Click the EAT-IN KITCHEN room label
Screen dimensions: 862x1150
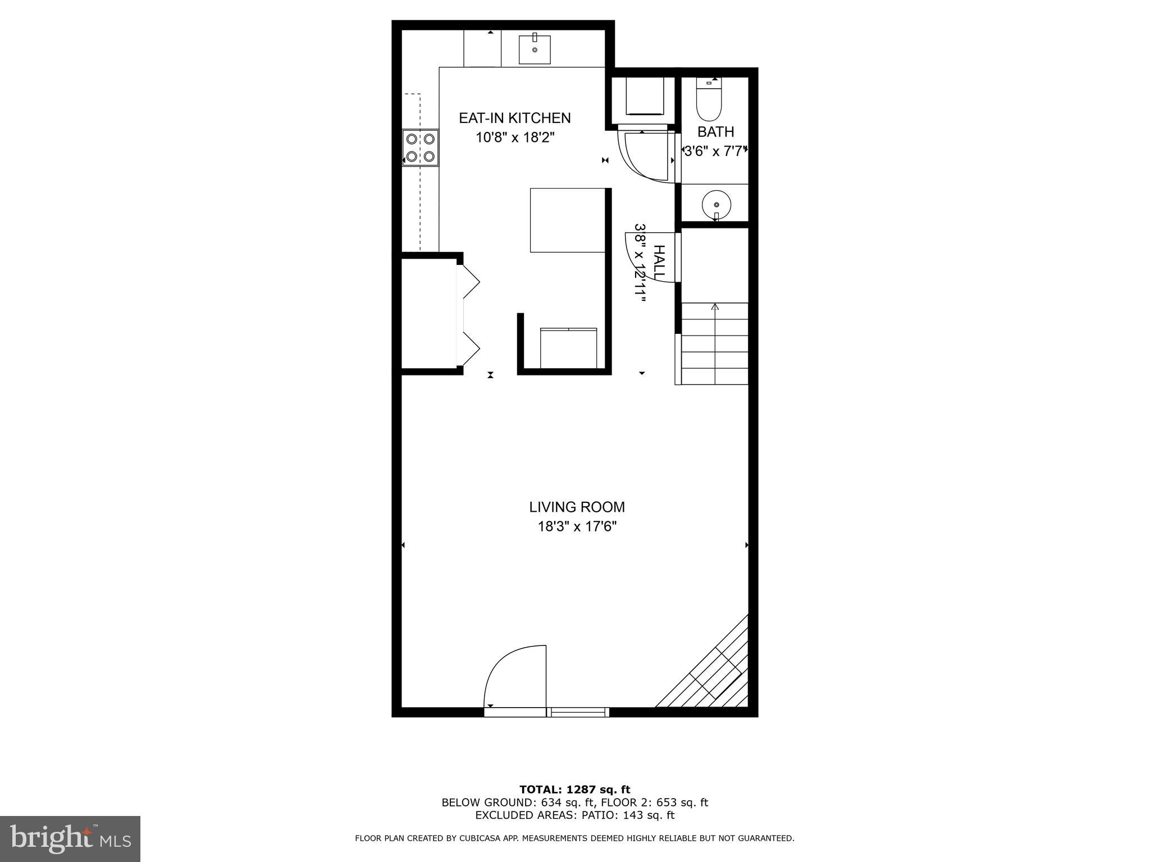pyautogui.click(x=514, y=118)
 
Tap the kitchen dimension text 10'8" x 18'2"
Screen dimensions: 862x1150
pyautogui.click(x=515, y=137)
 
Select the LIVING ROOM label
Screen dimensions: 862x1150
pyautogui.click(x=577, y=507)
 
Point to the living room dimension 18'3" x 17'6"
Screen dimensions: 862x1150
pyautogui.click(x=577, y=527)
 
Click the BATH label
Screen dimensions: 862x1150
pyautogui.click(x=715, y=132)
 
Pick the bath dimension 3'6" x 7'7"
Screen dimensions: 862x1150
pyautogui.click(x=715, y=151)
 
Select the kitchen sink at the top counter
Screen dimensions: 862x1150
pyautogui.click(x=534, y=49)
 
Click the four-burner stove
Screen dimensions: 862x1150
pyautogui.click(x=421, y=148)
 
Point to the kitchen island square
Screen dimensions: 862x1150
pyautogui.click(x=567, y=220)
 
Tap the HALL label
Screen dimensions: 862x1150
pyautogui.click(x=659, y=263)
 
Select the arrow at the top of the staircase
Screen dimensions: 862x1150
pyautogui.click(x=715, y=307)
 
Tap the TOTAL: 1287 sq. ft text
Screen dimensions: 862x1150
pyautogui.click(x=574, y=790)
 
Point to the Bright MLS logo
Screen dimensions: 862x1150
pyautogui.click(x=70, y=838)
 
